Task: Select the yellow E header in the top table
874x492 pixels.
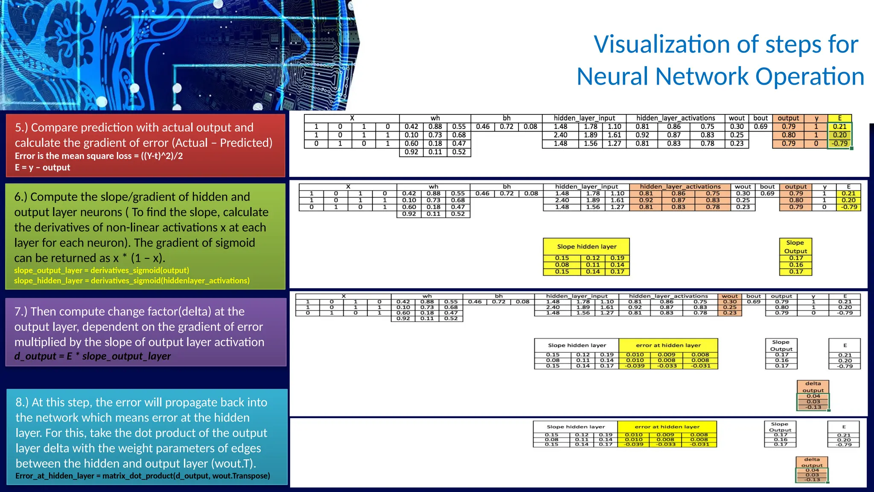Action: (x=839, y=118)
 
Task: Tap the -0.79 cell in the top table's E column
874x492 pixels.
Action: (x=839, y=143)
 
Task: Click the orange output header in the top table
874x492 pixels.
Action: (x=788, y=118)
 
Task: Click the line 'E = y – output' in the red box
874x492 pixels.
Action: (x=43, y=167)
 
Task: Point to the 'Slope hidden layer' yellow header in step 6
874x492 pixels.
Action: (x=586, y=246)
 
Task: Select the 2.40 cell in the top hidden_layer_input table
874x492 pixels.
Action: (x=560, y=135)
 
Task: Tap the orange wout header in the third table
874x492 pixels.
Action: (x=730, y=296)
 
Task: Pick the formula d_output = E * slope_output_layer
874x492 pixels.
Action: (x=93, y=356)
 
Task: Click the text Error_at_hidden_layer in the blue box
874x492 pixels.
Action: (x=55, y=476)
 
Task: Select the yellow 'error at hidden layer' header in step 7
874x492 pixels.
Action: (x=668, y=345)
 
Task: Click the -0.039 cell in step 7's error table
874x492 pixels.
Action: (x=635, y=366)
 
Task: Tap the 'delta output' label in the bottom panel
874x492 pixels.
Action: (x=812, y=463)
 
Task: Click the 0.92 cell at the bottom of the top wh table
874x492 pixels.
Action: (x=411, y=152)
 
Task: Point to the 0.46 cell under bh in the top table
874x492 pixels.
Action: (x=483, y=126)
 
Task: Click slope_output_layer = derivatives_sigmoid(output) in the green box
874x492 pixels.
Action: (x=102, y=270)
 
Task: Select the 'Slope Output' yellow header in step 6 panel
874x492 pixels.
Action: (x=795, y=246)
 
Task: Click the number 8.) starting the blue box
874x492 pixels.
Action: (x=22, y=402)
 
